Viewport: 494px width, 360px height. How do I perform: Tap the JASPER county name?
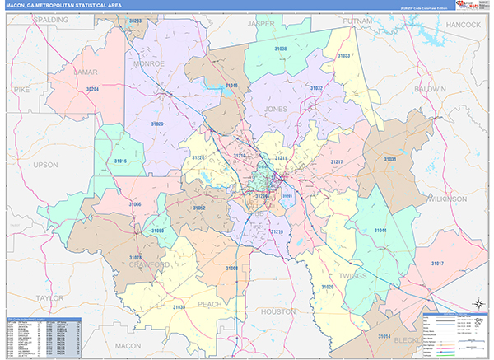[x=261, y=26]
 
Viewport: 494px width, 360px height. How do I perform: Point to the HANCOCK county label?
[x=464, y=26]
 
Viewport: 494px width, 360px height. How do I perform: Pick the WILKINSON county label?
[x=446, y=199]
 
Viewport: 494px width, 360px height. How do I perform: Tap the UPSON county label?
[x=47, y=165]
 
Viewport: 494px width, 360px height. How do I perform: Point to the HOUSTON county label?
[x=277, y=312]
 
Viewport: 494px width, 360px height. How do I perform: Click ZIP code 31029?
[x=157, y=124]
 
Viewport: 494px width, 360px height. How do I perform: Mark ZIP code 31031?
[x=390, y=159]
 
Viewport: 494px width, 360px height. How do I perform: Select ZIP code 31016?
[x=121, y=161]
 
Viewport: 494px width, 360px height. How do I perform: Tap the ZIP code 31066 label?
[x=135, y=203]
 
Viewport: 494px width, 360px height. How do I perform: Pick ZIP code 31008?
[x=232, y=269]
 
